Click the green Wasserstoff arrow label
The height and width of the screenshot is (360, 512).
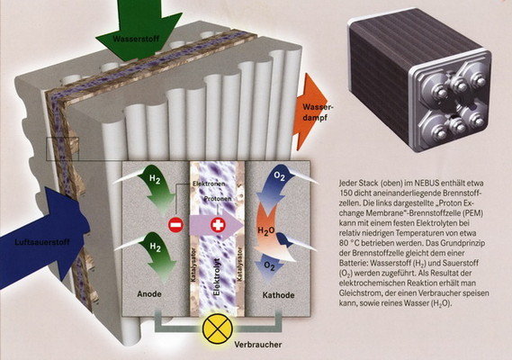coord(136,39)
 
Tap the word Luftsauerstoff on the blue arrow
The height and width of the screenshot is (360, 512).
coord(42,242)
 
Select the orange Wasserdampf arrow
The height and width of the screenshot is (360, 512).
coord(310,112)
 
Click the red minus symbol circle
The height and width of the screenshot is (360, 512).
coord(175,225)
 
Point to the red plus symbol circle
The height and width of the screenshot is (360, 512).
coord(218,225)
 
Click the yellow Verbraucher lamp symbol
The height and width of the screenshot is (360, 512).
coord(218,328)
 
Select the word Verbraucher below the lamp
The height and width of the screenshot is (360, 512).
coord(258,345)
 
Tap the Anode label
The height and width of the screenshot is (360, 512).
coord(149,294)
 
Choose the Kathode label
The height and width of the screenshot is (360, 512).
coord(279,295)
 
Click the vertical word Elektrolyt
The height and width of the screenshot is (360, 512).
coord(217,276)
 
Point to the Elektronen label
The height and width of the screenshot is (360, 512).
coord(209,184)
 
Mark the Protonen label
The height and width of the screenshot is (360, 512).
coord(218,199)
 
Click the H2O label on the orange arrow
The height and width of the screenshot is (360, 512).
coord(266,230)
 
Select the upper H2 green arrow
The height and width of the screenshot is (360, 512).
coord(157,188)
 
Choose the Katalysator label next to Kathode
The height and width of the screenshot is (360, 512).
coord(240,265)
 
